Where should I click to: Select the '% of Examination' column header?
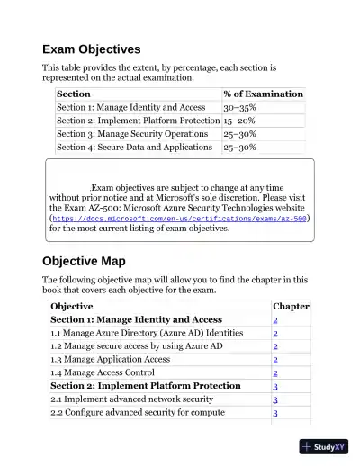(x=263, y=94)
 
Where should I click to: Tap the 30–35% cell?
(x=239, y=107)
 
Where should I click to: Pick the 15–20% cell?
(x=239, y=121)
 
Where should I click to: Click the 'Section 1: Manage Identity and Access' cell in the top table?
(x=130, y=107)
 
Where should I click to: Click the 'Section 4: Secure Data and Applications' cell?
(x=137, y=148)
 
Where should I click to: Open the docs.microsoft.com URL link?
(x=179, y=218)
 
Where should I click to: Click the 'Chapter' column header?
(x=291, y=306)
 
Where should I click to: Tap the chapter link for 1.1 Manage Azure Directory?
(x=275, y=333)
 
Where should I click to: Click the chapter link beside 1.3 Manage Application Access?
(x=275, y=359)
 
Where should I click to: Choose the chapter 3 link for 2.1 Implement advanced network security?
(x=275, y=399)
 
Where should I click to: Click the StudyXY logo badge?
(x=324, y=446)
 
